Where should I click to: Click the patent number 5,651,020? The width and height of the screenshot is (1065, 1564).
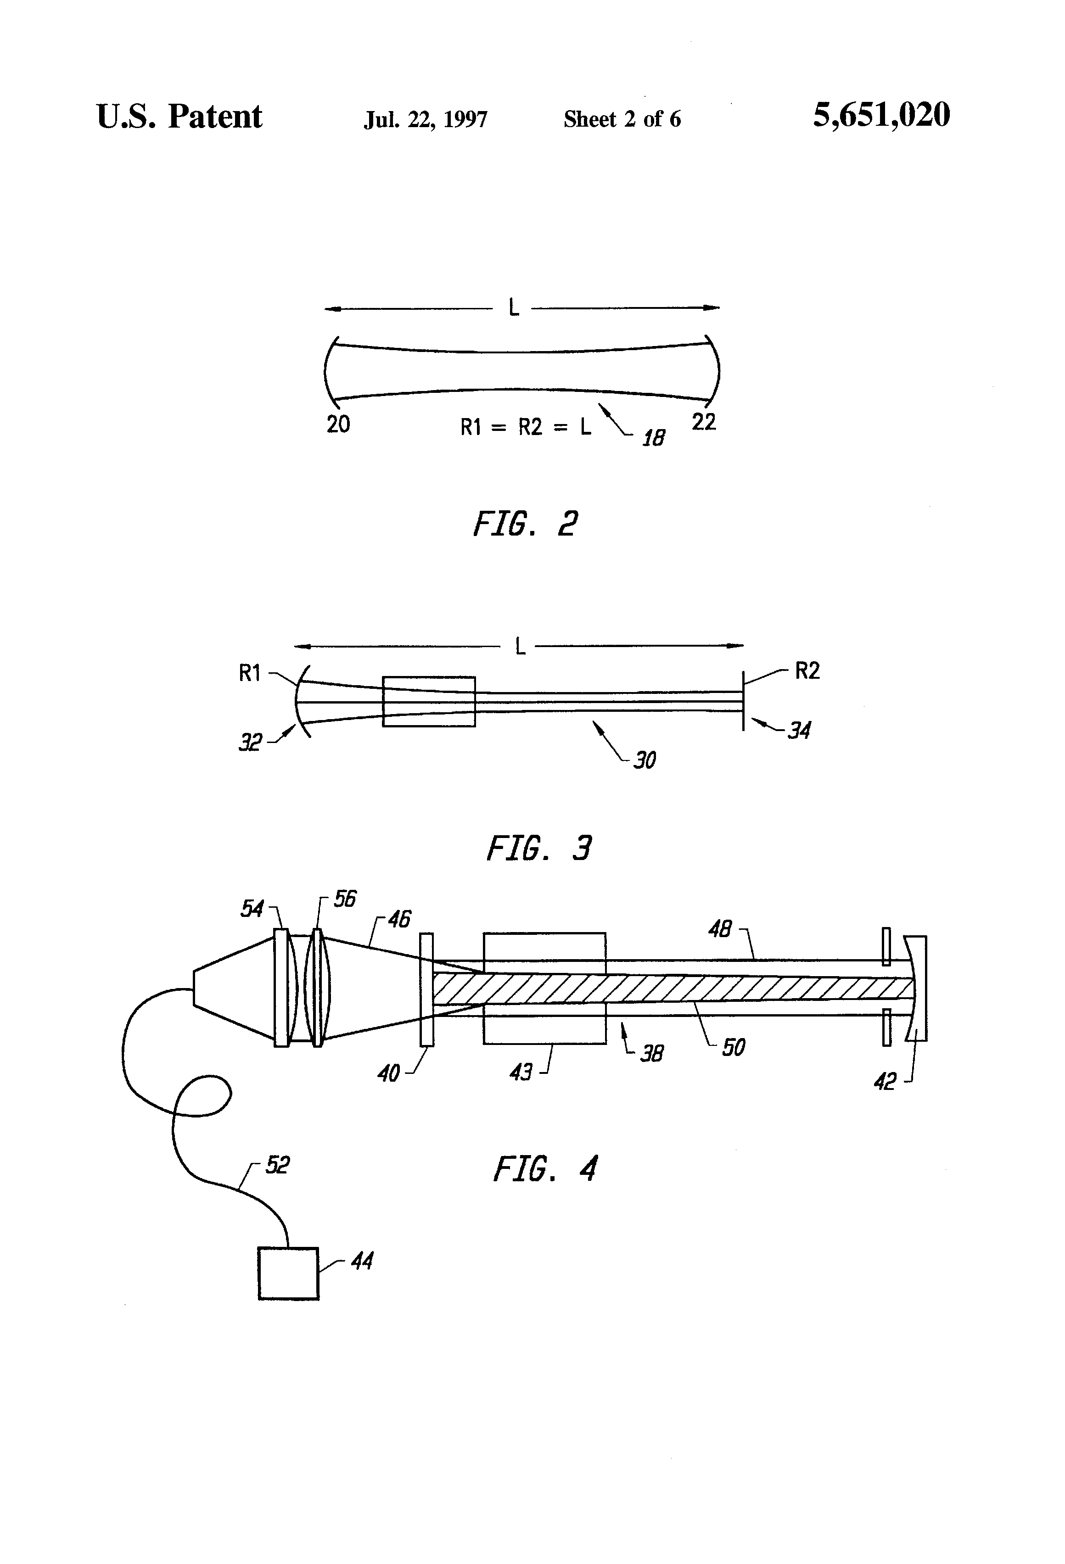click(881, 116)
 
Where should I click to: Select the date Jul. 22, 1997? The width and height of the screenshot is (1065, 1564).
click(426, 120)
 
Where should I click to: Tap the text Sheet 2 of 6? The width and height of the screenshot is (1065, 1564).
click(622, 119)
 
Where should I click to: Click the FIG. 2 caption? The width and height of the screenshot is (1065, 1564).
click(525, 524)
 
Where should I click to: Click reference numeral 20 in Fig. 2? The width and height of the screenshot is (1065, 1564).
click(338, 424)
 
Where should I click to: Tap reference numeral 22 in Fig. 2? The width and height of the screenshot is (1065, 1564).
click(703, 422)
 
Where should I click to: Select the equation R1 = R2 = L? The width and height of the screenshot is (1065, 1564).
click(526, 427)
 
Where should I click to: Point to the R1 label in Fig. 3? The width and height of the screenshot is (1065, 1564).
click(250, 673)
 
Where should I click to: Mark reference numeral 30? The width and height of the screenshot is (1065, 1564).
click(644, 760)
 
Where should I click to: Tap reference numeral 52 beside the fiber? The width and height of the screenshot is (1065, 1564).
click(277, 1165)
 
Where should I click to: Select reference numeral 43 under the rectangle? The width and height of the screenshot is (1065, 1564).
click(521, 1072)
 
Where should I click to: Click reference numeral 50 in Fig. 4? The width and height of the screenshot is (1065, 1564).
click(733, 1047)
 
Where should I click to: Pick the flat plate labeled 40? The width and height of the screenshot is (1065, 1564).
click(426, 989)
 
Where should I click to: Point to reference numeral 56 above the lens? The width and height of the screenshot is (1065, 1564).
click(345, 899)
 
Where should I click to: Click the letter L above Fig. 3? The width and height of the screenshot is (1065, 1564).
click(520, 647)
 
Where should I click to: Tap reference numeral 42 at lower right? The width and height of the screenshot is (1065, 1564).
click(885, 1082)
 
